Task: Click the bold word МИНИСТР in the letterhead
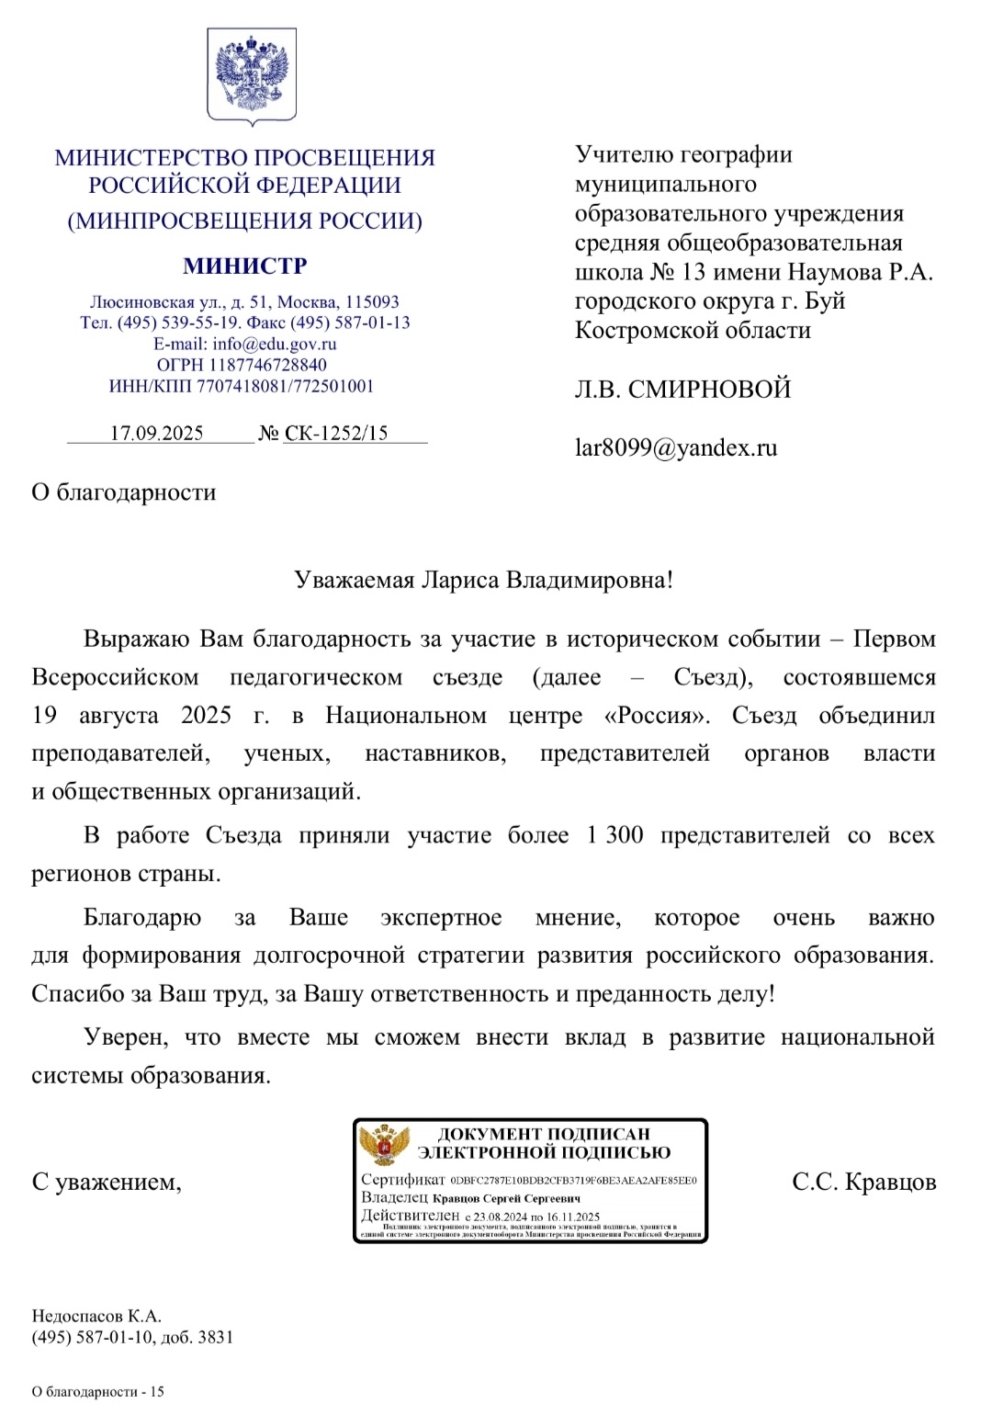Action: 245,266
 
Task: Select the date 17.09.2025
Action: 157,434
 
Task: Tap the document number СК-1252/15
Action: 336,434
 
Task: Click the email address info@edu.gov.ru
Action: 275,345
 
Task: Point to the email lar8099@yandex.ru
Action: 676,448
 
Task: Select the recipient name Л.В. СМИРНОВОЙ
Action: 682,390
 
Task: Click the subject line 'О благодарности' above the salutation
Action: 124,492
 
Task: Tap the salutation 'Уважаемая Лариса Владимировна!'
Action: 483,581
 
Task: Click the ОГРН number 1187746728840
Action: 267,366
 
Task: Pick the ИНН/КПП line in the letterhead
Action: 242,387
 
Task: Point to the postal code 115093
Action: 372,302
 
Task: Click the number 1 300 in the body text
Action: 614,835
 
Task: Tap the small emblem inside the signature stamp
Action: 384,1145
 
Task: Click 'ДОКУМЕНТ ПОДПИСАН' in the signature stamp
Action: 544,1135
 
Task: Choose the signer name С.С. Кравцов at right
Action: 863,1183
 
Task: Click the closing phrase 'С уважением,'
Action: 107,1183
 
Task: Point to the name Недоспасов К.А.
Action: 96,1317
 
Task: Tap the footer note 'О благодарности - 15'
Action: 98,1392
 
